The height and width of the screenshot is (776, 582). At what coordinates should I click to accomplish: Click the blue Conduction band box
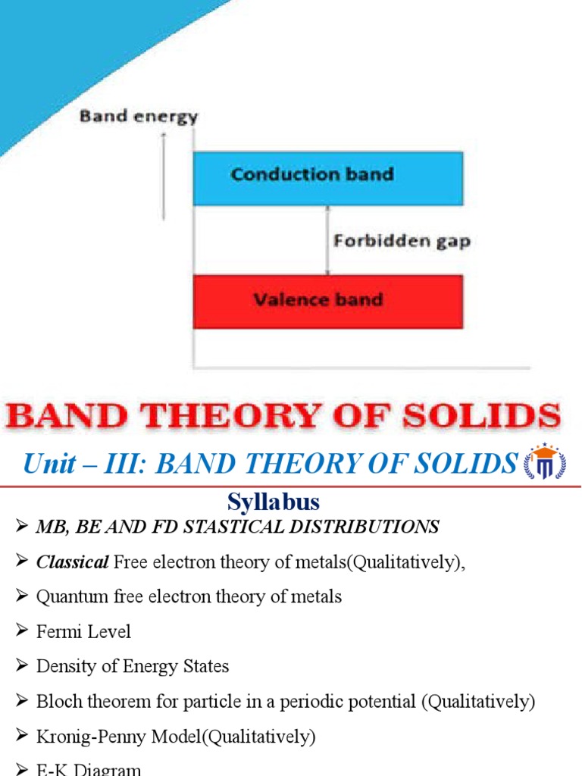(x=327, y=178)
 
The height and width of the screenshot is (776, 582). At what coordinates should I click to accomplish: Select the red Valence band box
(x=327, y=301)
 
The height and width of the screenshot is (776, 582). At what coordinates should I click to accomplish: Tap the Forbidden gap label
(x=402, y=242)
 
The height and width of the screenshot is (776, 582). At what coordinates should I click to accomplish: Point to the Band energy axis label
(x=139, y=117)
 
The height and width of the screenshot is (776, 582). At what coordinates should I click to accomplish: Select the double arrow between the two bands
(x=327, y=240)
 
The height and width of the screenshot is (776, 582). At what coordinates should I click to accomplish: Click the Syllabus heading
(x=274, y=502)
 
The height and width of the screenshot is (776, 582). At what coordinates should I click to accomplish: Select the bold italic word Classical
(x=73, y=562)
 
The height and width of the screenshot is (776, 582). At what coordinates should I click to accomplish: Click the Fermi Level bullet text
(x=83, y=631)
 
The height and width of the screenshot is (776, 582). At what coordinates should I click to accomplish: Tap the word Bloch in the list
(x=60, y=701)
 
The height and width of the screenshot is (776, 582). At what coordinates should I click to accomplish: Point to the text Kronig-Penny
(x=90, y=736)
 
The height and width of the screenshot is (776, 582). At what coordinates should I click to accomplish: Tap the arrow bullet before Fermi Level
(x=21, y=631)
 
